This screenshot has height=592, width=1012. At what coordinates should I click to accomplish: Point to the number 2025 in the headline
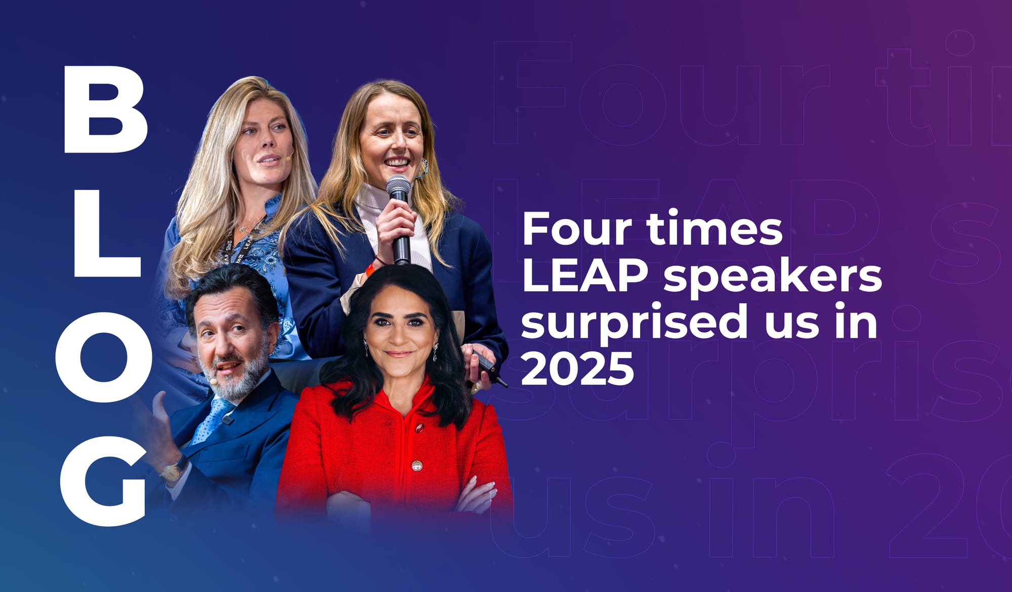[577, 368]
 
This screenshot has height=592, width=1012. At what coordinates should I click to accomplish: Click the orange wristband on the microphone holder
[370, 267]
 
